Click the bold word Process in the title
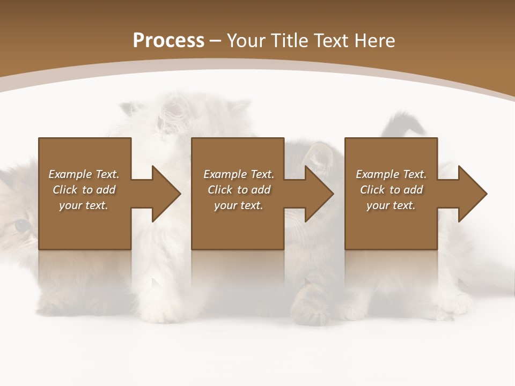pos(168,41)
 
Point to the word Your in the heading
pos(247,41)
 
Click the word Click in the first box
pos(65,190)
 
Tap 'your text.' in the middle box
pos(239,205)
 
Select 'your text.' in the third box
pos(391,205)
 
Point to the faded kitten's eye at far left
pos(21,226)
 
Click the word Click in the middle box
pos(220,190)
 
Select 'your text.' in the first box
pos(84,205)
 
